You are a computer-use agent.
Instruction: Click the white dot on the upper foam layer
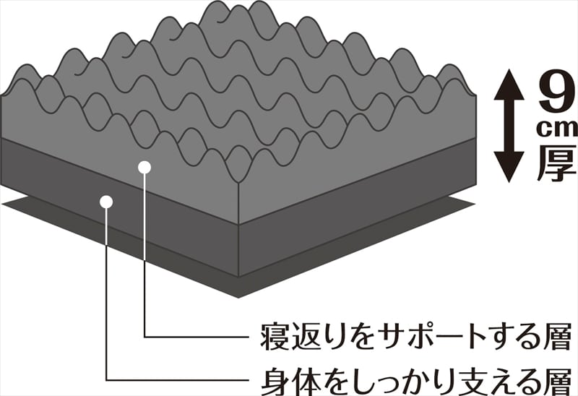point(144,167)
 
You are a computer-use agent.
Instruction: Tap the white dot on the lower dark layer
point(107,201)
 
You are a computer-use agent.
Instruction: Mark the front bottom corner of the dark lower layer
point(238,275)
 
